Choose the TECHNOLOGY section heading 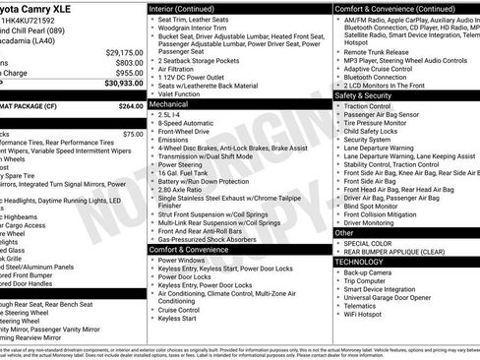click(358, 262)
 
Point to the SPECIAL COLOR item click(369, 242)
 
